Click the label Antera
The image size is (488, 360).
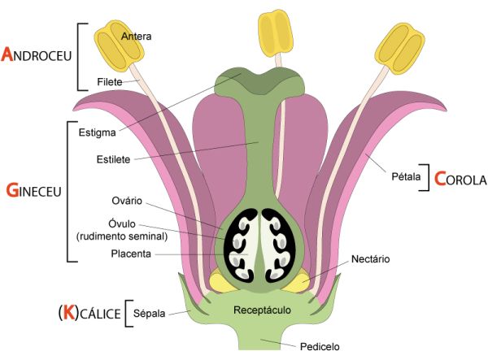(x=136, y=36)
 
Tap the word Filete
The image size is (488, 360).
(x=110, y=82)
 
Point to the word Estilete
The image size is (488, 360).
(x=113, y=160)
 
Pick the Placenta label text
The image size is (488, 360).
(x=129, y=254)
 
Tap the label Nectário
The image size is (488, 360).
(x=371, y=259)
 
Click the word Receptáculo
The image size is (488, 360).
(x=262, y=310)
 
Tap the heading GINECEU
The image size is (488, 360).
(x=33, y=192)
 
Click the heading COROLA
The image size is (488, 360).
(x=460, y=179)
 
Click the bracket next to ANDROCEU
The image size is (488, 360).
(x=80, y=56)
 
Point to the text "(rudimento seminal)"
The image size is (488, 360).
(x=121, y=236)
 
